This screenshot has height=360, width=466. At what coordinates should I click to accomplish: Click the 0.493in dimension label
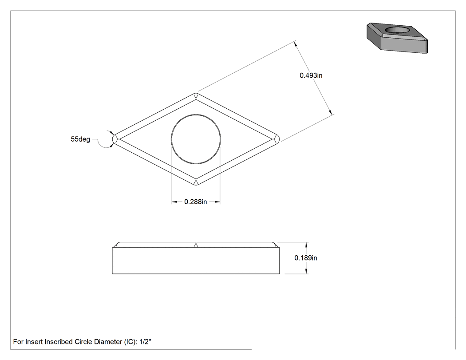pyautogui.click(x=311, y=75)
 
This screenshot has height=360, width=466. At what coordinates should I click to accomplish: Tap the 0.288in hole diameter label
pyautogui.click(x=196, y=202)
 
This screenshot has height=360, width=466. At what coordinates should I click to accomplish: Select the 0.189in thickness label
pyautogui.click(x=305, y=258)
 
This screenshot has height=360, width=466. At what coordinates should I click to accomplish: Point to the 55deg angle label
pyautogui.click(x=80, y=139)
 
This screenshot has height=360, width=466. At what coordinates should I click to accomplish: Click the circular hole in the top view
pyautogui.click(x=196, y=139)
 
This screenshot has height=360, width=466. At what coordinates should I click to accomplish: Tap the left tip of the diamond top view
pyautogui.click(x=112, y=139)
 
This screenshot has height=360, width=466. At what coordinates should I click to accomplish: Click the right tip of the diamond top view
pyautogui.click(x=279, y=139)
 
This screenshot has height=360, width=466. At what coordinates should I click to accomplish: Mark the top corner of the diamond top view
pyautogui.click(x=196, y=93)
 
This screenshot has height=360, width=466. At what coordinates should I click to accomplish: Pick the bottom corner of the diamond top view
pyautogui.click(x=196, y=185)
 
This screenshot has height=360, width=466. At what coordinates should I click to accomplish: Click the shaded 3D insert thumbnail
pyautogui.click(x=397, y=38)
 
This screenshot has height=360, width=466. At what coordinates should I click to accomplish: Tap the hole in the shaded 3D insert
pyautogui.click(x=397, y=30)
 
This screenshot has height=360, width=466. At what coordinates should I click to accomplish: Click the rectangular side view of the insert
pyautogui.click(x=196, y=258)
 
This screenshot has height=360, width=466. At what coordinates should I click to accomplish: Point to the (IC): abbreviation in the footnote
pyautogui.click(x=130, y=342)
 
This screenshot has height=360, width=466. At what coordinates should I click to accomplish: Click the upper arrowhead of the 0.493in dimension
pyautogui.click(x=296, y=44)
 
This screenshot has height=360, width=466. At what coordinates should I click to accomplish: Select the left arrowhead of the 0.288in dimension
pyautogui.click(x=175, y=202)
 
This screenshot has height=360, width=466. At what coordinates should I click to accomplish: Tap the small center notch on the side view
pyautogui.click(x=196, y=245)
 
